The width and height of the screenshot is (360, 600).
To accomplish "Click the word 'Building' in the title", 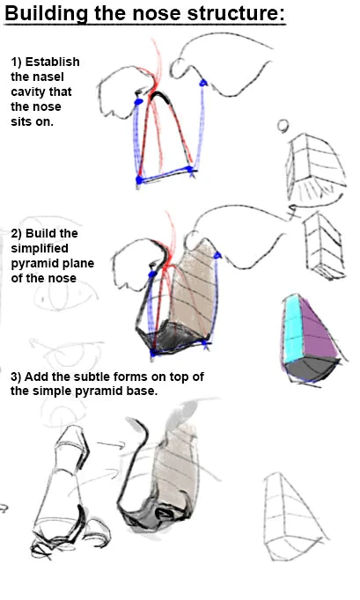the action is tap(47, 14).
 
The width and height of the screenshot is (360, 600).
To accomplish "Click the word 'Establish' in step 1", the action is tap(53, 62).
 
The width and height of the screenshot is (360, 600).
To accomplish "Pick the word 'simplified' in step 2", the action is tap(40, 249).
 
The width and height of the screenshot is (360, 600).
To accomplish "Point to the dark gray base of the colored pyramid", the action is tap(310, 369).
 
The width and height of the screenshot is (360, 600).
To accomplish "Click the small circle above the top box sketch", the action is tap(283, 126).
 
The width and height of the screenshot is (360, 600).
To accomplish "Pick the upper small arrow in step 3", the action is tap(111, 444).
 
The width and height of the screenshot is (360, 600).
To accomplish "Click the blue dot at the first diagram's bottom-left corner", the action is tap(139, 179).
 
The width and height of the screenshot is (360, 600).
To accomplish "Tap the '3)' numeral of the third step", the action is tap(16, 377).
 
